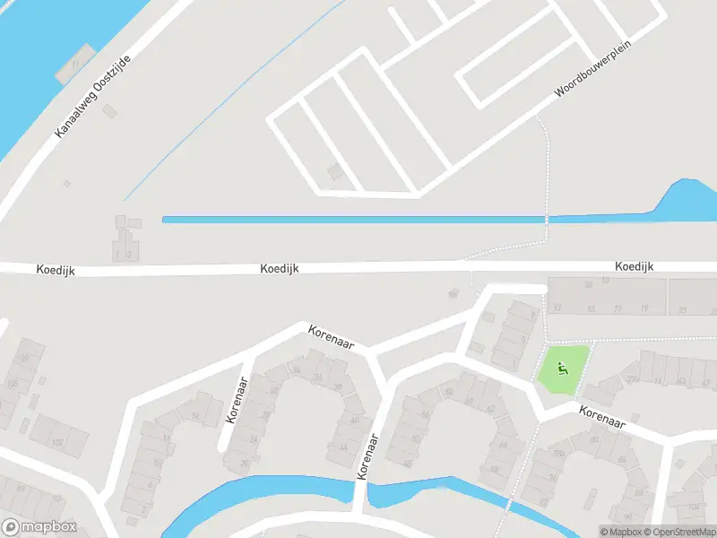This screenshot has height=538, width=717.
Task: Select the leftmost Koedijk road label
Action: tap(56, 269)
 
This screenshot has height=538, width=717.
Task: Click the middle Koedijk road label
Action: tap(280, 268)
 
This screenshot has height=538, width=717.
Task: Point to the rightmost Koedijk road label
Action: tap(635, 267)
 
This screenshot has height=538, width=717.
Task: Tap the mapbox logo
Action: tap(39, 527)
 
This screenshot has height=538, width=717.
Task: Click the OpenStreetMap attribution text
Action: tap(678, 532)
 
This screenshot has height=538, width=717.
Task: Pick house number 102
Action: tap(57, 443)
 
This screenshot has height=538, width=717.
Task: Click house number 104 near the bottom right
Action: tap(693, 507)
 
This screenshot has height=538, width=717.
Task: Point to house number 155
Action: tap(12, 384)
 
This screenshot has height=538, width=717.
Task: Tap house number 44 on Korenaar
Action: tap(342, 448)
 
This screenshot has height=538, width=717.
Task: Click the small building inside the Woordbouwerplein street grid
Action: tap(334, 171)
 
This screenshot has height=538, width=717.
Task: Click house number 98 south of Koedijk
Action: tap(453, 292)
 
